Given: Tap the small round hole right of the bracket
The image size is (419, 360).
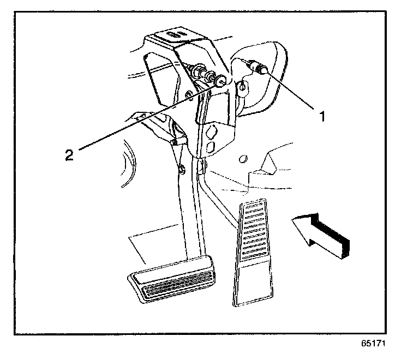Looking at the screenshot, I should [x=244, y=159].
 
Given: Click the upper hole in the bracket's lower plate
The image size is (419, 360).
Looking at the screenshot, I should [x=213, y=131].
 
